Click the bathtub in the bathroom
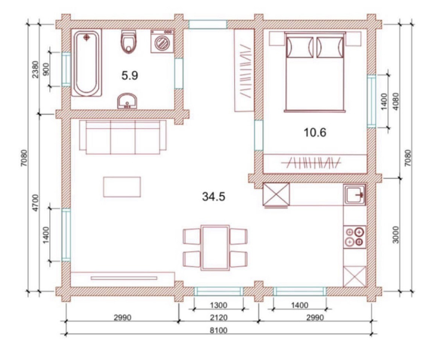(86, 63)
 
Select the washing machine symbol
(162, 41)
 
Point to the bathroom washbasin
(127, 101)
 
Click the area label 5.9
(130, 76)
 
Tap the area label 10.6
(315, 132)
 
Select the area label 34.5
(214, 197)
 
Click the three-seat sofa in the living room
(123, 137)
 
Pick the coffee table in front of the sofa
(122, 187)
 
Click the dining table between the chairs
(215, 248)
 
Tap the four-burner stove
(355, 237)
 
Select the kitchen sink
(355, 194)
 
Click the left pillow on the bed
(300, 47)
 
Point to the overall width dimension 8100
(219, 330)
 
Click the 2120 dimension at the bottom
(218, 317)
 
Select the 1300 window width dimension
(218, 305)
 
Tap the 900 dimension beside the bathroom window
(46, 69)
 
